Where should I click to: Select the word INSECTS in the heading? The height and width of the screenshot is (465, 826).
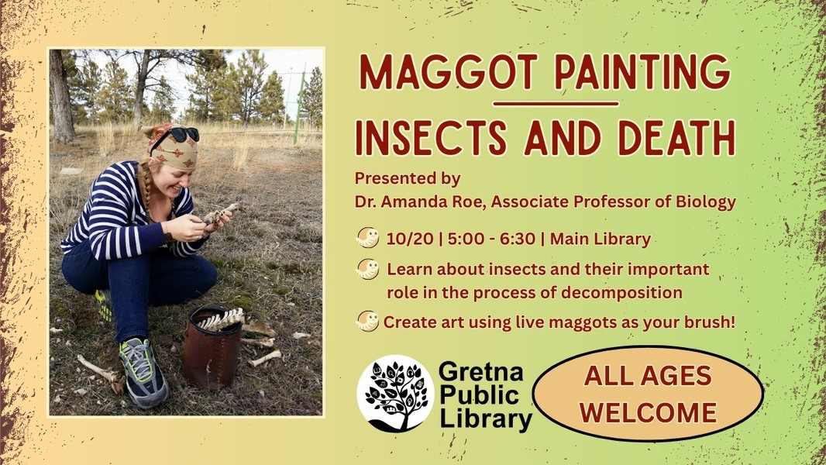click(431, 138)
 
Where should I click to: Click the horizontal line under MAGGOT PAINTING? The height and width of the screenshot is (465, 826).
click(556, 104)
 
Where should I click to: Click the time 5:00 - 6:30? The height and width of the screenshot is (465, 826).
click(491, 239)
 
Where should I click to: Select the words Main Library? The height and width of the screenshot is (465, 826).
click(601, 239)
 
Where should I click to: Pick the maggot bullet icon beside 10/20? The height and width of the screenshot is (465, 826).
click(367, 237)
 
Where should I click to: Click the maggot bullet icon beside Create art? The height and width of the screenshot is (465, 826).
click(367, 321)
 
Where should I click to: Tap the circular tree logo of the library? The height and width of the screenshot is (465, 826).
click(395, 394)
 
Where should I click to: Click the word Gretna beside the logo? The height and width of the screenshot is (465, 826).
click(480, 372)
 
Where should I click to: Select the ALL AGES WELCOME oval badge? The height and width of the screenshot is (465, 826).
click(648, 394)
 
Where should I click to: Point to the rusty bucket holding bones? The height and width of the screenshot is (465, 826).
click(212, 346)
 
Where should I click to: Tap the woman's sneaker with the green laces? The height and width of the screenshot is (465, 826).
click(143, 372)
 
